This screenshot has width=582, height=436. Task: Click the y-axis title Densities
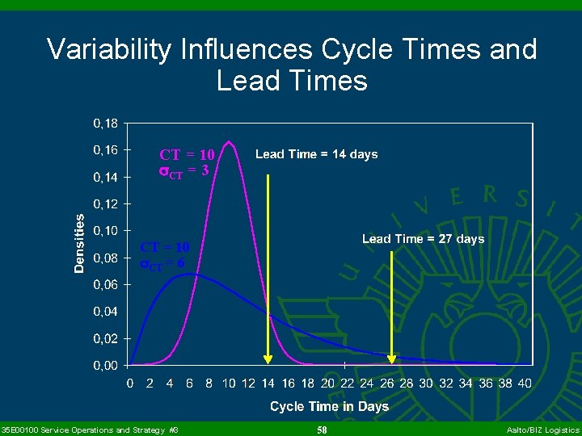[79, 243]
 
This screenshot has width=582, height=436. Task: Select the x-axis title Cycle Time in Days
[329, 406]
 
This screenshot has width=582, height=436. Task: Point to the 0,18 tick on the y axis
[106, 124]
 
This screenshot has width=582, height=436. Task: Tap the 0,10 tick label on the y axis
[106, 231]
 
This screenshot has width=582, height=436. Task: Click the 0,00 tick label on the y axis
[106, 366]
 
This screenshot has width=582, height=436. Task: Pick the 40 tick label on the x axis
[525, 383]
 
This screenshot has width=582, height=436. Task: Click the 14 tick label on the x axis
[268, 383]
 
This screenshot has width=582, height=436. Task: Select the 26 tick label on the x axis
[386, 383]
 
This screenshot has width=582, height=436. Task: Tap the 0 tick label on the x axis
[130, 383]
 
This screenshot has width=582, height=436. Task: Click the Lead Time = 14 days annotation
[316, 154]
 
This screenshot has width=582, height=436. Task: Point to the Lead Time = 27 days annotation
[423, 239]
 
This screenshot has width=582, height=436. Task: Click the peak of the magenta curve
[229, 140]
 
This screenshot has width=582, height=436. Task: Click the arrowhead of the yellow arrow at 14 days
[268, 361]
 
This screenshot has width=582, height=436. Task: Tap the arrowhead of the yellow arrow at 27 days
[392, 361]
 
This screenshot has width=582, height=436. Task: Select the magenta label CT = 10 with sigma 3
[186, 161]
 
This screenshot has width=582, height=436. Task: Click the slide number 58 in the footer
[322, 430]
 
